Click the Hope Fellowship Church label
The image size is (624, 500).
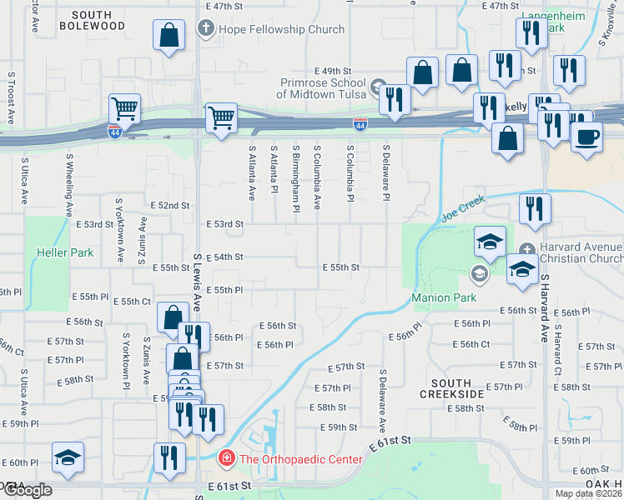click(281, 29)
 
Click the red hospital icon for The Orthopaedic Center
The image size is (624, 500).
click(225, 459)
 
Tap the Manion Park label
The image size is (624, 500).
click(443, 297)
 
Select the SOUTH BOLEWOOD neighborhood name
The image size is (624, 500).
click(91, 20)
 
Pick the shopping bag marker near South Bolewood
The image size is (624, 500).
click(169, 35)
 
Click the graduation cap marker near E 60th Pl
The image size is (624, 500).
click(68, 457)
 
